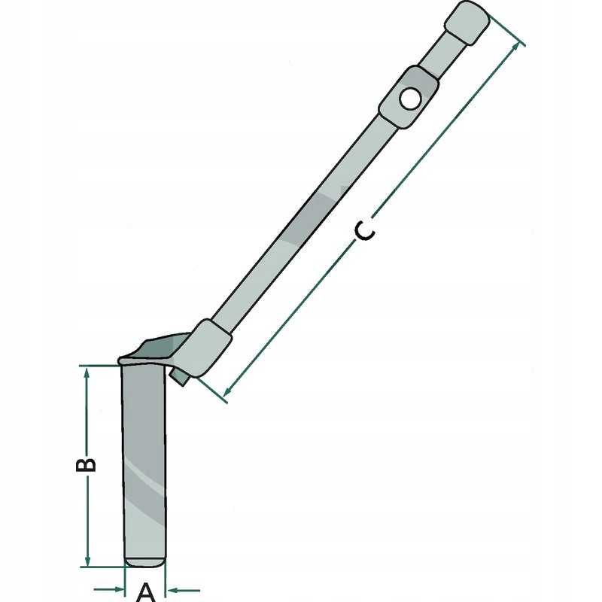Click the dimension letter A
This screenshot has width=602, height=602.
click(146, 591)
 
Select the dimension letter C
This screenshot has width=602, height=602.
click(364, 233)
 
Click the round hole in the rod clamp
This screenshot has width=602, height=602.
click(409, 97)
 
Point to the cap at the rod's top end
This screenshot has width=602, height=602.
click(467, 22)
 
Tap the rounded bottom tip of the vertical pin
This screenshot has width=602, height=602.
click(144, 561)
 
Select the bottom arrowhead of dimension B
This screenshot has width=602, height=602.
click(88, 561)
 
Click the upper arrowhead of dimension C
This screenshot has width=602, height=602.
click(515, 47)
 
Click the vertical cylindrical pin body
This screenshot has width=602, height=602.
click(144, 451)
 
